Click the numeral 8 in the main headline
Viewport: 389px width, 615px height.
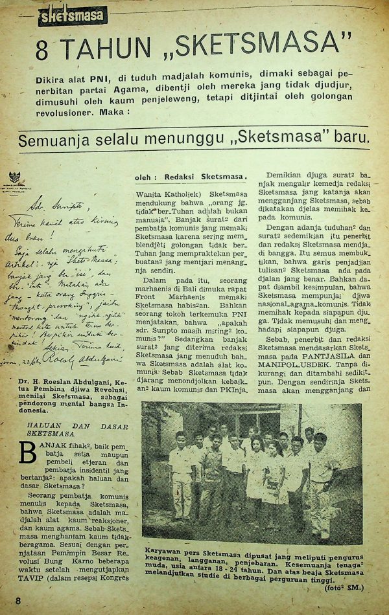pos(43,50)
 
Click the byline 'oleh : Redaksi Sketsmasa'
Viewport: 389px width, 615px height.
pos(191,177)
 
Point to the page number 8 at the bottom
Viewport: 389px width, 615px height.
pos(18,600)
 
